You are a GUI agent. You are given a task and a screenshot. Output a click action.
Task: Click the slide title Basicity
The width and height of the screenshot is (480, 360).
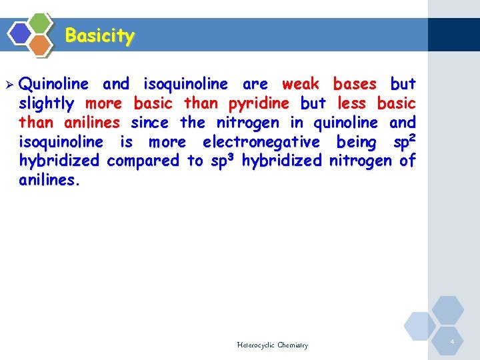point(100,35)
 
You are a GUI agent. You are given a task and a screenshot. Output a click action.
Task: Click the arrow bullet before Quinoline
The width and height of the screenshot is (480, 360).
point(9,85)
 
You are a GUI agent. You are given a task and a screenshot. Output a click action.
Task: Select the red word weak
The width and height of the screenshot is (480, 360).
point(300,84)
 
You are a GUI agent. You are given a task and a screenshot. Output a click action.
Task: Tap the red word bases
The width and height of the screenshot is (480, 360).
point(355,84)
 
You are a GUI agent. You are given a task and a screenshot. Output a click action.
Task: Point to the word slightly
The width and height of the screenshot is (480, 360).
point(47,103)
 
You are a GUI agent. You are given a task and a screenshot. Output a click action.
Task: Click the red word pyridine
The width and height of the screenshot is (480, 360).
point(259,103)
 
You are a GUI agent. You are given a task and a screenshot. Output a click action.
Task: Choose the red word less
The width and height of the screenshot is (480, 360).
point(351,103)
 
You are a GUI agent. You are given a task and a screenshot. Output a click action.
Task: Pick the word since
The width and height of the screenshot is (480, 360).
point(149,123)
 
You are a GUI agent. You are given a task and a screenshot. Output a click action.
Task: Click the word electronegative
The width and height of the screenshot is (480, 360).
point(261,142)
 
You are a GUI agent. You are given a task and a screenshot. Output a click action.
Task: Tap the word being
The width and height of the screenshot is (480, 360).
point(357,142)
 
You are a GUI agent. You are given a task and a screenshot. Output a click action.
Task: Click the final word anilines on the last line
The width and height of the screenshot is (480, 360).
point(49,180)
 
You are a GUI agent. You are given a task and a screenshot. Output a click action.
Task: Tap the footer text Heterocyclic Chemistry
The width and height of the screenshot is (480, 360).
point(272,345)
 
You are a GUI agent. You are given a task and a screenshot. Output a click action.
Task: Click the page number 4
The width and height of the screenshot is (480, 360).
point(452,342)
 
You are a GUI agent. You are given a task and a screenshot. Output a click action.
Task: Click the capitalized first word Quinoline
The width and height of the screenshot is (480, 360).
point(54,84)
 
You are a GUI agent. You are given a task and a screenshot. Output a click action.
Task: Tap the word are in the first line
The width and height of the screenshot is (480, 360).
point(255,84)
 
